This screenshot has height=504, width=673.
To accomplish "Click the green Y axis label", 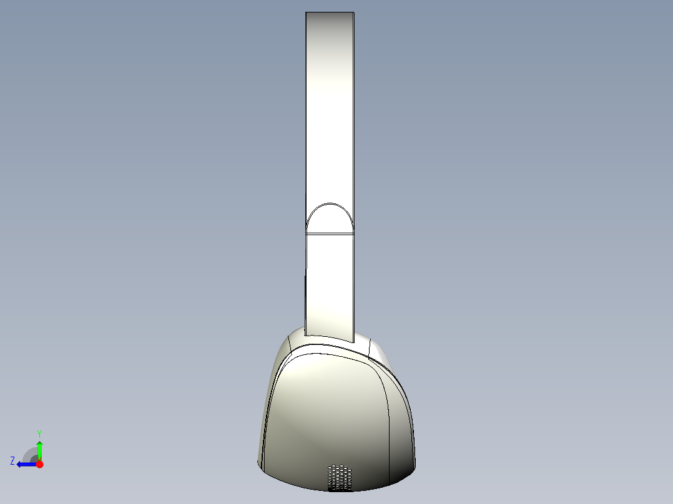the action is [x=39, y=434].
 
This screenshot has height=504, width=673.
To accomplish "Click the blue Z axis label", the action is [x=12, y=461].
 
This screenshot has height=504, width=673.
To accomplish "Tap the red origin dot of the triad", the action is [x=39, y=464].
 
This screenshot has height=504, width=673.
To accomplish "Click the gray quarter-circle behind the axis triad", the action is [x=29, y=455].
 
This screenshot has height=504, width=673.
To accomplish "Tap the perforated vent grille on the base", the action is [x=340, y=477].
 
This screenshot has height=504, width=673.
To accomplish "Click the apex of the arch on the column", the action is [x=330, y=203].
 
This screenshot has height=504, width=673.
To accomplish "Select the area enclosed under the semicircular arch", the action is [x=330, y=220].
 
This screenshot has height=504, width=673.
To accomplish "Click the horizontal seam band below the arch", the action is [x=330, y=234].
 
